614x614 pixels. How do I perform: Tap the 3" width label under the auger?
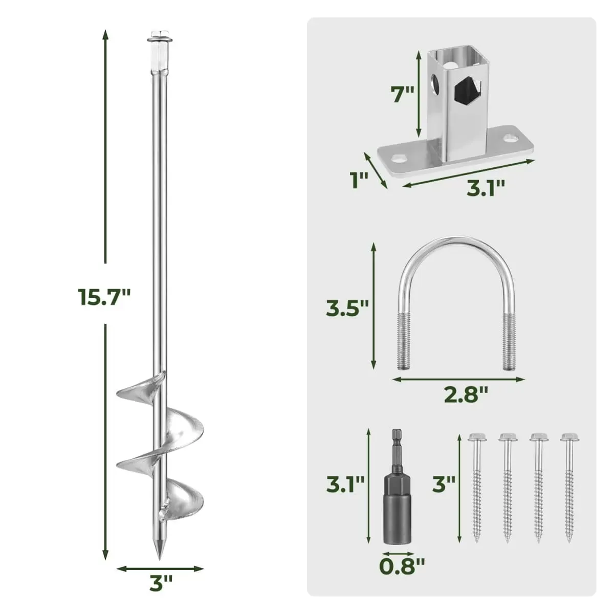[x=161, y=584]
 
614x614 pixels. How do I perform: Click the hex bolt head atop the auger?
[x=158, y=37]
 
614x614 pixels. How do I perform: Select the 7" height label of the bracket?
[x=402, y=94]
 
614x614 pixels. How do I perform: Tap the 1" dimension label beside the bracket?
[x=359, y=181]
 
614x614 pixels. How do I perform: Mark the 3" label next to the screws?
[x=443, y=484]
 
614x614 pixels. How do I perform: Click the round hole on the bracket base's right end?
[x=510, y=139]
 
